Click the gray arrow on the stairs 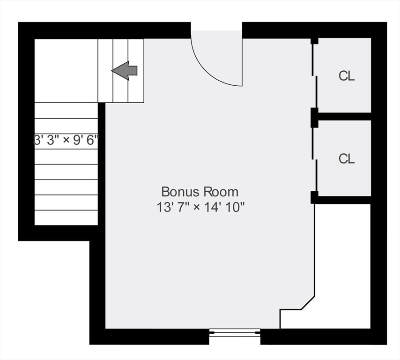point(125,71)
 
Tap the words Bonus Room point(200,192)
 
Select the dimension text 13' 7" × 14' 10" point(201,207)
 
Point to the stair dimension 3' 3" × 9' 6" point(66,140)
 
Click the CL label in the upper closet point(347,76)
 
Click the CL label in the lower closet point(347,159)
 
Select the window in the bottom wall point(235,332)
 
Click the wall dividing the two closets point(344,116)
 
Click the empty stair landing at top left point(66,70)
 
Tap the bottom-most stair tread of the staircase point(66,217)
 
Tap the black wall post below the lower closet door point(314,197)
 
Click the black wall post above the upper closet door point(314,41)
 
